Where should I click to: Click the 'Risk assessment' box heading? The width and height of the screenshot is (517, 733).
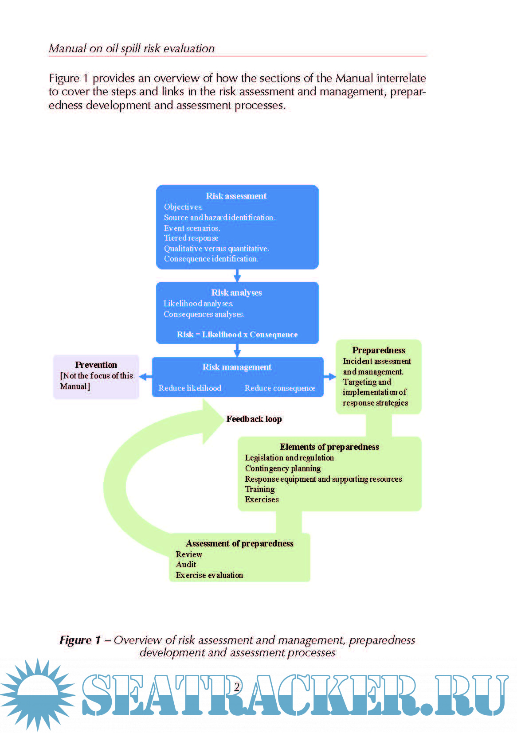click(236, 196)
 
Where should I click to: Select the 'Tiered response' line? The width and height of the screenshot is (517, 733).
click(191, 238)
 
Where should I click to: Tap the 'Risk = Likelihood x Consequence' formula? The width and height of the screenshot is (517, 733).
click(237, 335)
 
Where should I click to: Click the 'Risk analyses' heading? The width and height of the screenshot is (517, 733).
click(236, 292)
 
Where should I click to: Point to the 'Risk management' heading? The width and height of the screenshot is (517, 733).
click(237, 367)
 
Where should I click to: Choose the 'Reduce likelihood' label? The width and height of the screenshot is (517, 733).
click(190, 388)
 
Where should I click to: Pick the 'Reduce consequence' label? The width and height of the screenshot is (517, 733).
click(280, 388)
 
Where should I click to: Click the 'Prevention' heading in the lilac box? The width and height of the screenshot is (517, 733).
click(96, 365)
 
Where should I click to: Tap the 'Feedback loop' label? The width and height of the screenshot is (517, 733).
click(254, 419)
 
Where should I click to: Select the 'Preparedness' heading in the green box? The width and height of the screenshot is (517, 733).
click(379, 350)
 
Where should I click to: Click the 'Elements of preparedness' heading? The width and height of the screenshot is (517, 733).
click(329, 447)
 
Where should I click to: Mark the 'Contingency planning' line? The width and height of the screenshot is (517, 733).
click(283, 468)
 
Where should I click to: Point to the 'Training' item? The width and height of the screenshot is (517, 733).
click(260, 489)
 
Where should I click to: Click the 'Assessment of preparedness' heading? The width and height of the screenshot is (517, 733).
click(239, 543)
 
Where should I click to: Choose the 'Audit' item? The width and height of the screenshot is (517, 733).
click(186, 565)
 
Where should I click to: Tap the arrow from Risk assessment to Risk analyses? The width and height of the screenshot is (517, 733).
click(237, 276)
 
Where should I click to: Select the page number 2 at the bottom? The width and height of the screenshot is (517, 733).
click(237, 687)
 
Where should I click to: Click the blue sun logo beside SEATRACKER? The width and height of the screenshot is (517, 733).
click(38, 694)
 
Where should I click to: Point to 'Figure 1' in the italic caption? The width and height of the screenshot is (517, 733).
click(80, 640)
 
